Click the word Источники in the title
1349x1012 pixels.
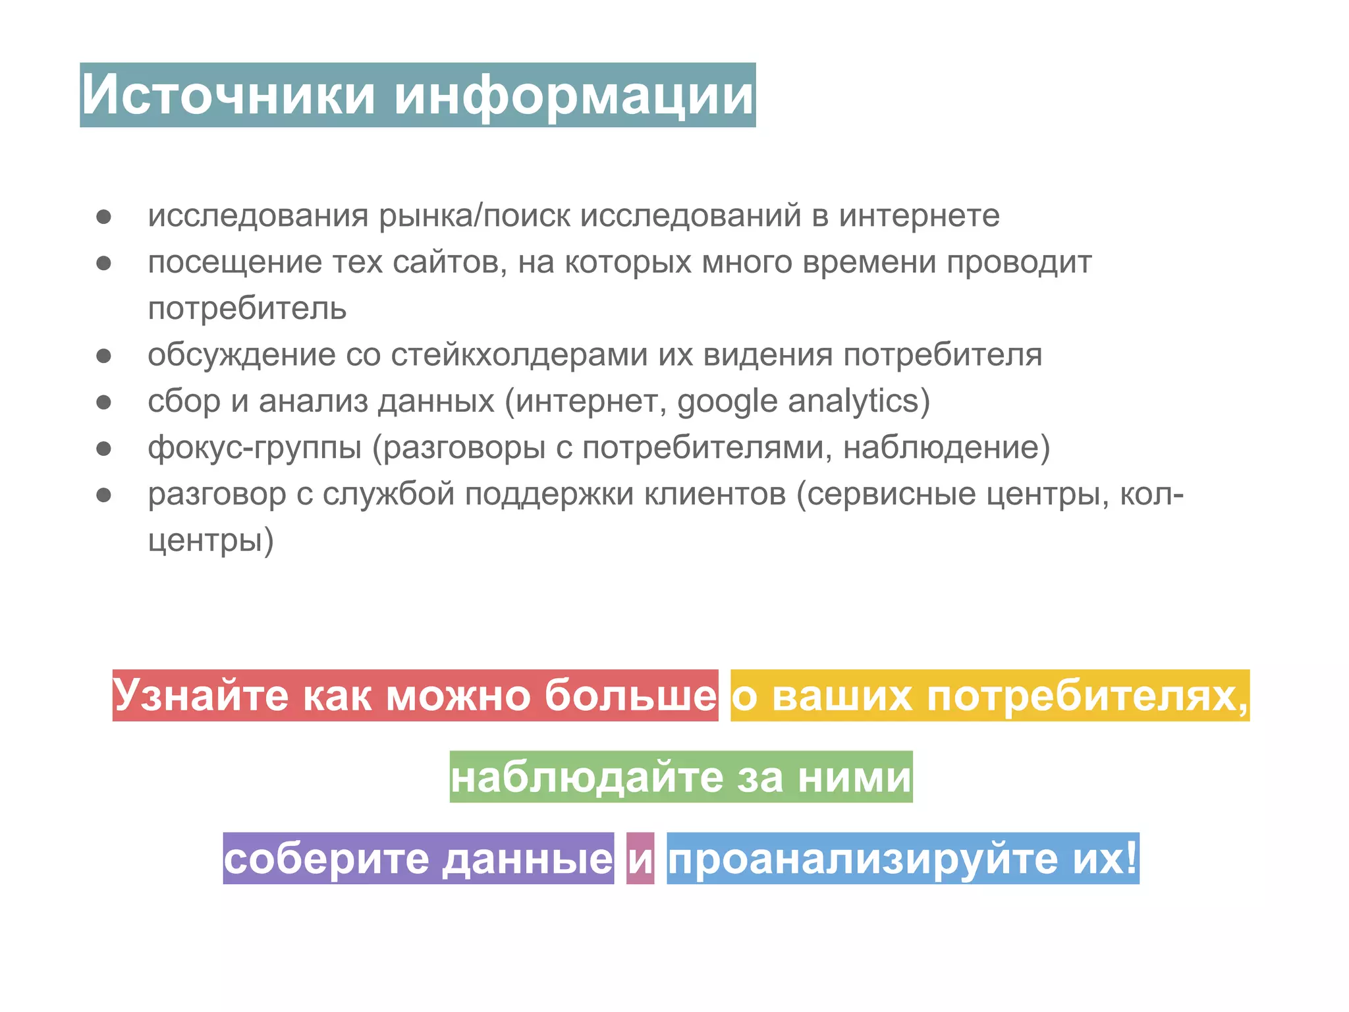228,95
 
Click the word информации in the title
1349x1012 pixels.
574,95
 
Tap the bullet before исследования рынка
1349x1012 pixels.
104,217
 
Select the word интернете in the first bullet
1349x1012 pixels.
919,216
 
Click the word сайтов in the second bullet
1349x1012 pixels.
449,262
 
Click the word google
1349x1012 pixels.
727,402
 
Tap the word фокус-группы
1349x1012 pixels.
255,448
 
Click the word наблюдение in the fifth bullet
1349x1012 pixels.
946,448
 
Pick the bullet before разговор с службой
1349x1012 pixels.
104,495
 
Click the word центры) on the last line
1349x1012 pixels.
211,541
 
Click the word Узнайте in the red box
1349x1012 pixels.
201,695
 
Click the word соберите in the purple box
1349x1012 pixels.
327,858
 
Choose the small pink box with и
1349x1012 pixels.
640,858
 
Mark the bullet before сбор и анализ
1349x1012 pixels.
104,402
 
